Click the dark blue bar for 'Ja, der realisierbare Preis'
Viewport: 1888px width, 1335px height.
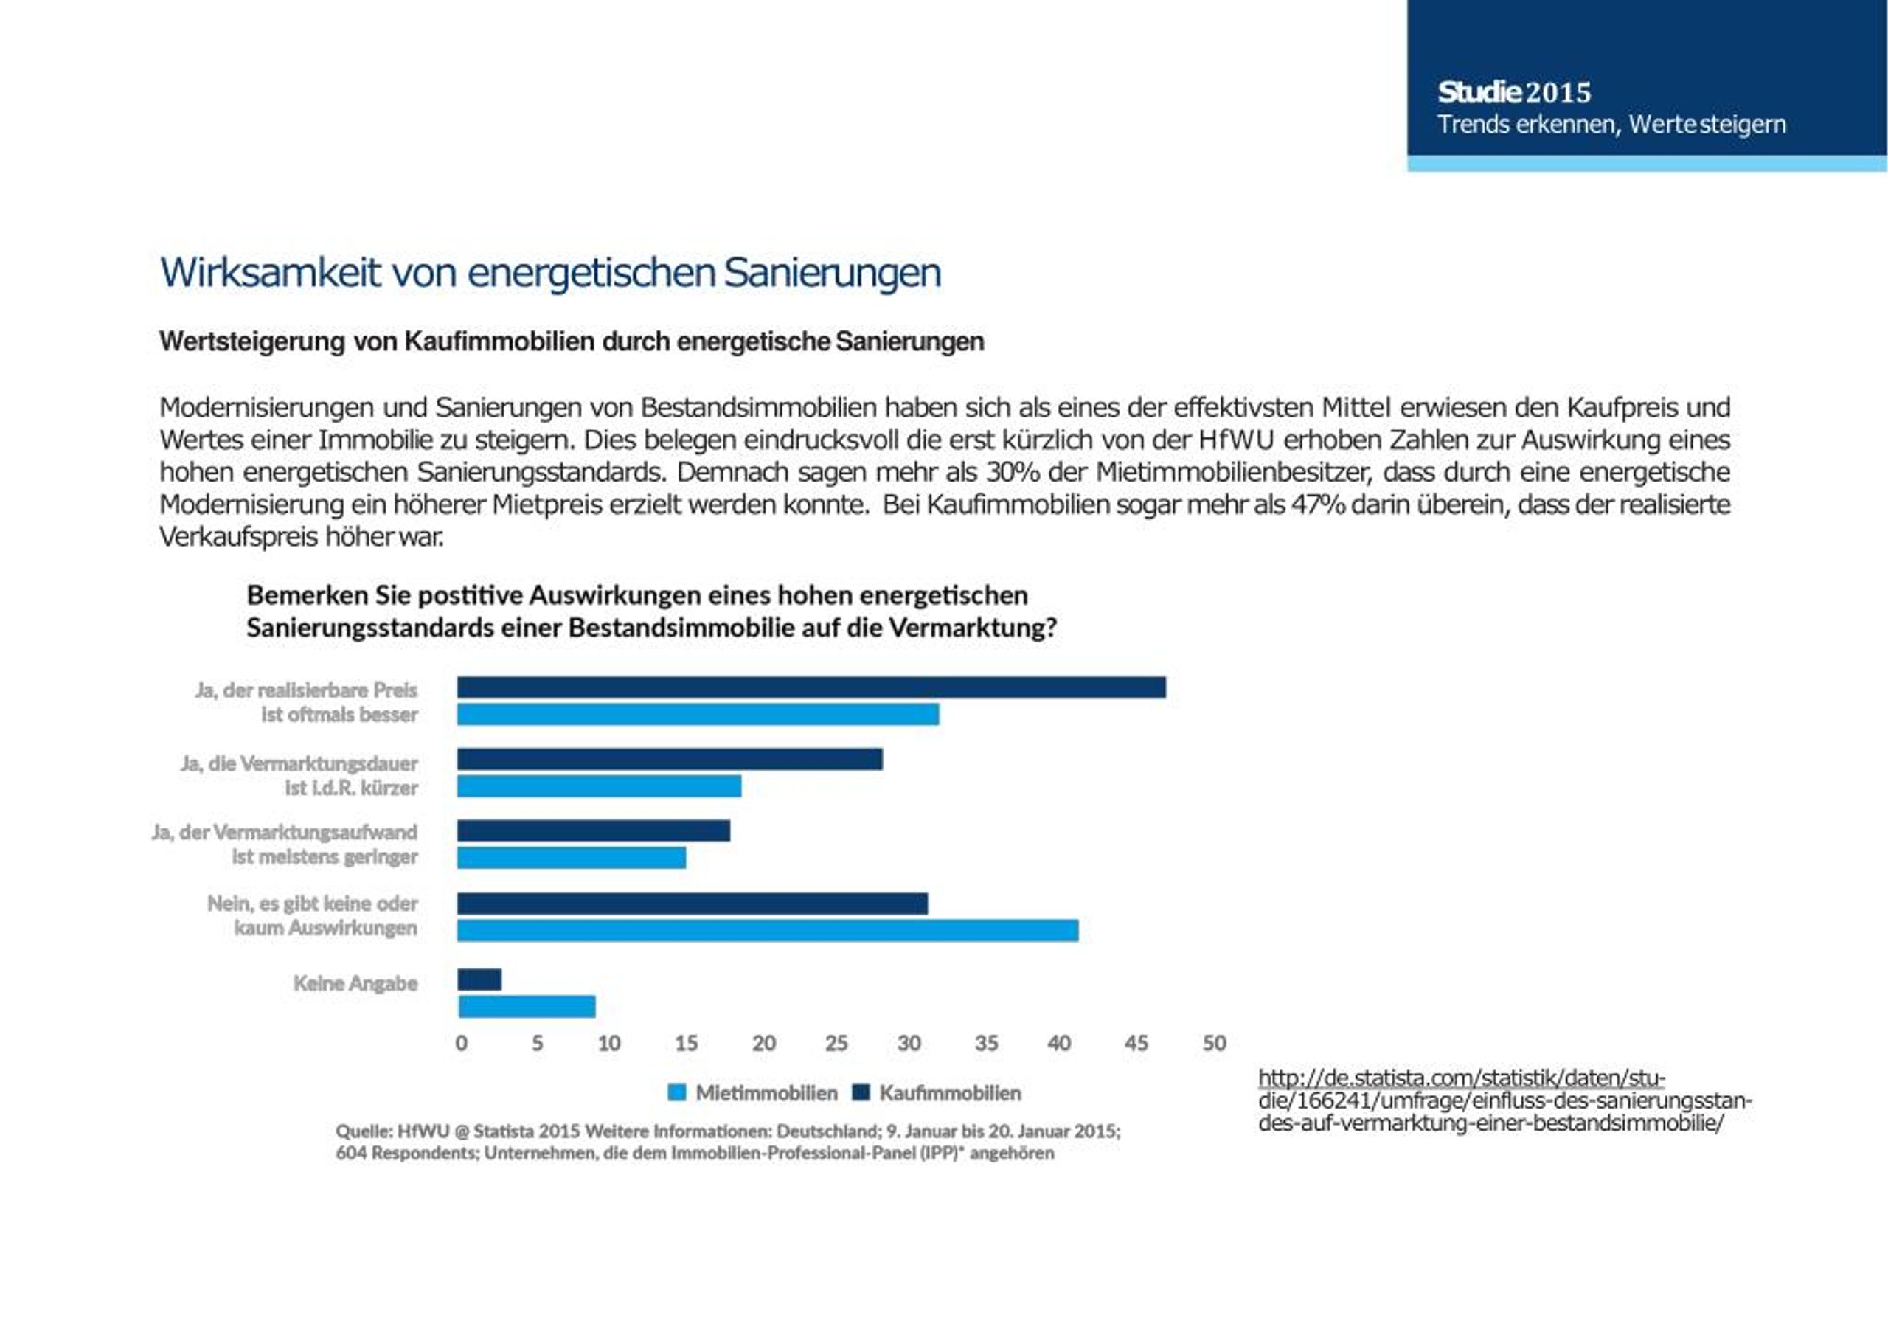point(811,687)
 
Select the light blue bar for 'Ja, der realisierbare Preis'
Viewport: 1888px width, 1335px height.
point(698,714)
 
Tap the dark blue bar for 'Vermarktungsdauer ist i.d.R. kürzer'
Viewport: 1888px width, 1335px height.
point(670,759)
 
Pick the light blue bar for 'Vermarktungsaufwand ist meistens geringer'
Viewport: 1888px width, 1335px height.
point(572,858)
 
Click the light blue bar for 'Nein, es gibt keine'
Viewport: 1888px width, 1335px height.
point(768,930)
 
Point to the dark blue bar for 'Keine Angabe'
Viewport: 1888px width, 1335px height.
point(479,979)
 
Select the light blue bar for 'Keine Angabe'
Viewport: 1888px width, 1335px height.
point(527,1007)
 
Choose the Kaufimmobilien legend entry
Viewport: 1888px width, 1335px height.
point(937,1093)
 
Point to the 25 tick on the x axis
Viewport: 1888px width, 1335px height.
point(836,1043)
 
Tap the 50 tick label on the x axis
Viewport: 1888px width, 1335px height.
point(1215,1043)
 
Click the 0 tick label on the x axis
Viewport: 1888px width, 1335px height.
point(462,1043)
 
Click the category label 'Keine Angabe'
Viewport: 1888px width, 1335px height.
point(355,983)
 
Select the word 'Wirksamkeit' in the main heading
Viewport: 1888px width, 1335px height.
point(271,272)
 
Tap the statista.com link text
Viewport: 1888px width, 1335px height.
point(1504,1100)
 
